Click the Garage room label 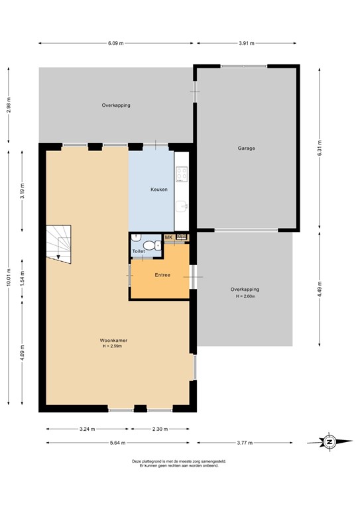pyautogui.click(x=247, y=148)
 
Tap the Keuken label pyautogui.click(x=158, y=190)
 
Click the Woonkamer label pyautogui.click(x=115, y=341)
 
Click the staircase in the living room pyautogui.click(x=58, y=243)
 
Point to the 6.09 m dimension pyautogui.click(x=116, y=44)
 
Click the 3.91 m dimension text pyautogui.click(x=247, y=44)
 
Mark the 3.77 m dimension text pyautogui.click(x=247, y=443)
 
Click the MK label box pyautogui.click(x=168, y=237)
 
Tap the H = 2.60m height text pyautogui.click(x=245, y=296)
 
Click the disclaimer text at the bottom pyautogui.click(x=179, y=464)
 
